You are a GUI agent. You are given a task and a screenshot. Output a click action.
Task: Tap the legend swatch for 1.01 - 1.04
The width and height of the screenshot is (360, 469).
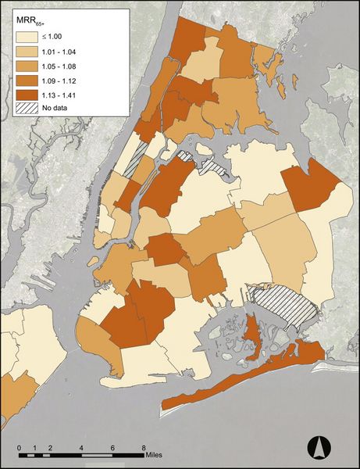pos(24,51)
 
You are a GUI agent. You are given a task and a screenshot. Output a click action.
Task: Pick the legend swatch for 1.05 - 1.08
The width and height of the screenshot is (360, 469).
pos(24,65)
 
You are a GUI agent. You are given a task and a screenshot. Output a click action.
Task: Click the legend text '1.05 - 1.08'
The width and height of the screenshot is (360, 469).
pos(63,65)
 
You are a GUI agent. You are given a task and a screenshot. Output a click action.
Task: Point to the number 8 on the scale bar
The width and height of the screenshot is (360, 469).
pos(144,448)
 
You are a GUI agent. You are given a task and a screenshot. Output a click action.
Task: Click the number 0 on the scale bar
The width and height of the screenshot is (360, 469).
pos(20,448)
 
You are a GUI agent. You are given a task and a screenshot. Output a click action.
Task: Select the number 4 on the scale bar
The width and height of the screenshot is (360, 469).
pos(82,448)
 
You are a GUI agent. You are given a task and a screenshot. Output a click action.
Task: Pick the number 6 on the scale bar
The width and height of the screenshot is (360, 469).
pos(113,448)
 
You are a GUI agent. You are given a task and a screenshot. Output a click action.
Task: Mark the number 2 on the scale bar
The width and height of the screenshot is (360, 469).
pos(51,448)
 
